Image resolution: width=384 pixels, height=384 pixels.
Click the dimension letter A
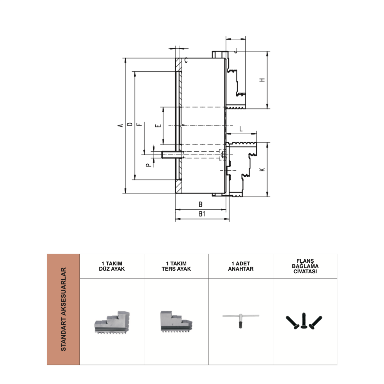pyautogui.click(x=121, y=125)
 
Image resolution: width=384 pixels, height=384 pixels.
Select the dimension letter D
pyautogui.click(x=130, y=124)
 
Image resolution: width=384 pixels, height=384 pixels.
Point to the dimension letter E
pyautogui.click(x=159, y=125)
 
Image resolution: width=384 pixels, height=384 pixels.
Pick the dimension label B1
pyautogui.click(x=202, y=214)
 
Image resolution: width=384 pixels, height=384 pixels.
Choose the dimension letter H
pyautogui.click(x=262, y=80)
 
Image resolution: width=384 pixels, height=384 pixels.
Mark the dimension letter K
pyautogui.click(x=262, y=169)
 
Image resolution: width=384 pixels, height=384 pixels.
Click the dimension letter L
pyautogui.click(x=241, y=129)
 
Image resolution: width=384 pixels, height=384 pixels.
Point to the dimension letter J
pyautogui.click(x=236, y=51)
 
